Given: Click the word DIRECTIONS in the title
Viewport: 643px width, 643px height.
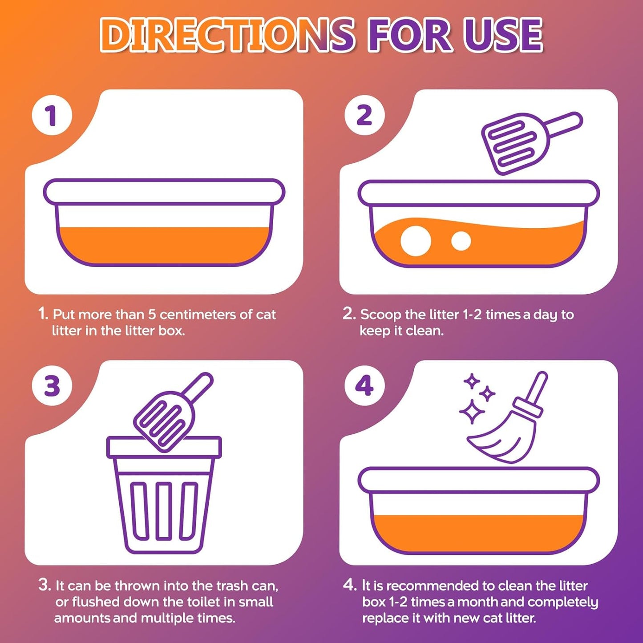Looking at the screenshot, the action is point(227,35).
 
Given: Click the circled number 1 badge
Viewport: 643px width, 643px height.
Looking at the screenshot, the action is point(52,115).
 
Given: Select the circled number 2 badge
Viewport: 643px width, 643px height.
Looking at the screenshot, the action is point(365,115).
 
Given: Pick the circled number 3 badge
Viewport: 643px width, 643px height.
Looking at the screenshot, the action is point(52,386).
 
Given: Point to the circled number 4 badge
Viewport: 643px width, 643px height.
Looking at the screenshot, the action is point(365,386).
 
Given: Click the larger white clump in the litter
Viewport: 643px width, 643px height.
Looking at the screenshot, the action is point(416,241).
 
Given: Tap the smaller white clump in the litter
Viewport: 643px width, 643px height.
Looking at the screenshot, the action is point(461,241).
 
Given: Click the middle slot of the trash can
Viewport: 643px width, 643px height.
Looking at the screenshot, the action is point(164,510).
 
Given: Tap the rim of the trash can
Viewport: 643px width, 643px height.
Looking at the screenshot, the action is point(164,447).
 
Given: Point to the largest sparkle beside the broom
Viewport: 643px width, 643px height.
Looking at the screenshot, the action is point(472,412).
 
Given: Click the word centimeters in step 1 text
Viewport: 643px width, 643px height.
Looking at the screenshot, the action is point(200,314).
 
